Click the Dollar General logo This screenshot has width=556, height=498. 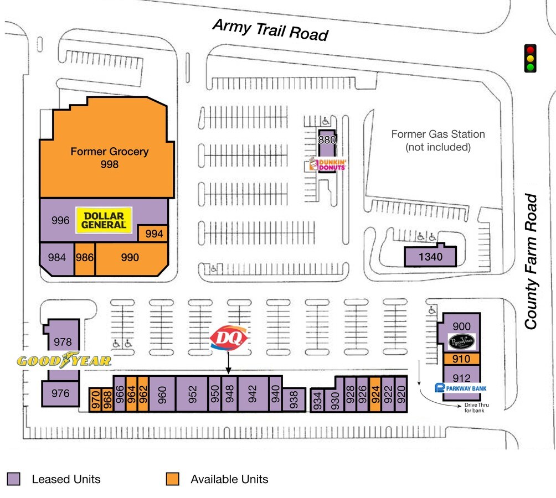104,220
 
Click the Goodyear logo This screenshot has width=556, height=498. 64,361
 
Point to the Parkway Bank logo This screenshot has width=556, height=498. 461,388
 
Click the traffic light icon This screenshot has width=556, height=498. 531,58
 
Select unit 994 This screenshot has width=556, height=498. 154,234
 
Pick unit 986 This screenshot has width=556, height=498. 85,258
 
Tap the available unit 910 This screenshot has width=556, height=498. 461,359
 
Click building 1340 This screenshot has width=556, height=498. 430,257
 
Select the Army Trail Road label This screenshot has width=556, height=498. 270,30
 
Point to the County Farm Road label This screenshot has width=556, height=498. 532,261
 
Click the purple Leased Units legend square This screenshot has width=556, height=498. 14,479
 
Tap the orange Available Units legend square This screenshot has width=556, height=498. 173,479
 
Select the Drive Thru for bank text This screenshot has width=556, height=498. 476,407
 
